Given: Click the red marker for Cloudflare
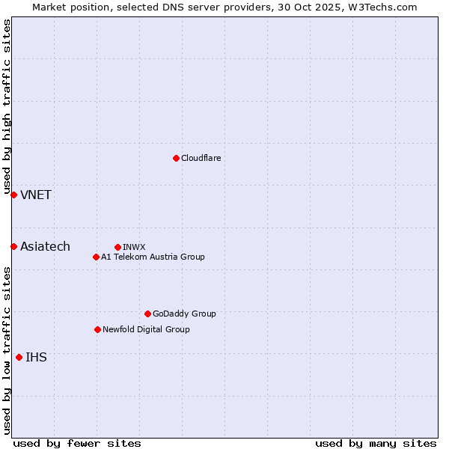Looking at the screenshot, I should pos(176,158).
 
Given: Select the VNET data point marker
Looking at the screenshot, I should pos(13,195).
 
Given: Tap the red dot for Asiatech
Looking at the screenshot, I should pos(13,246).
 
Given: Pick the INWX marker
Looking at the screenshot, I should pos(117,247).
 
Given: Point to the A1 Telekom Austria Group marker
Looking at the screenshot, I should pos(96,257).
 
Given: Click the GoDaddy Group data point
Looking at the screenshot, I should pos(147,314).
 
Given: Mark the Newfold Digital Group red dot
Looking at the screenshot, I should pos(97,329).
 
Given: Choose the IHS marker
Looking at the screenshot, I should pos(19,357).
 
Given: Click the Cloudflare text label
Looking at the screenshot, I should pos(201,158).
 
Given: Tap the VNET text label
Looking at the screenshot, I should pos(36,195).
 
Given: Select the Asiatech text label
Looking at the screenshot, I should pos(45,246).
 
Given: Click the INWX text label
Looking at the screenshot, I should pos(134,247).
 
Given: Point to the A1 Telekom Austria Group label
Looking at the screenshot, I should pos(153,257).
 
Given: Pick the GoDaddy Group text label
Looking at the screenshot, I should pos(184,314).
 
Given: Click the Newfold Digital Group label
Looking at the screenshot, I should pos(146,329).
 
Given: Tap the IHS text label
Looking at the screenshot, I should pos(36,357).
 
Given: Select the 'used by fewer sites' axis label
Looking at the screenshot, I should pos(77,443).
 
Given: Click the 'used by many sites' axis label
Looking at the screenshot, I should pos(376,443).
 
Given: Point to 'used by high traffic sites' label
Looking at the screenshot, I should pos(7,107).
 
